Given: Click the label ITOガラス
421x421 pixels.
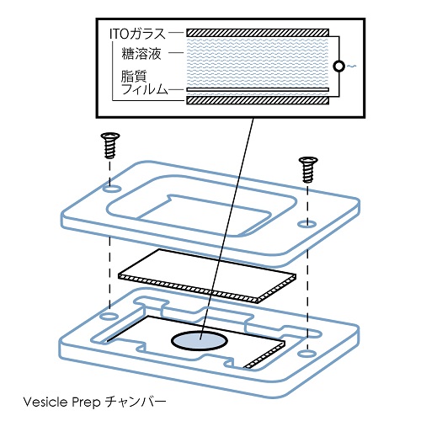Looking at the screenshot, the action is click(137, 35).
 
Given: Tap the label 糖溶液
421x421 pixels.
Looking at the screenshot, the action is click(141, 53).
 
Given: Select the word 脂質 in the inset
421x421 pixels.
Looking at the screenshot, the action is click(134, 76).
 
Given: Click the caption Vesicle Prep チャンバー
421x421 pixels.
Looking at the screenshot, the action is click(94, 402).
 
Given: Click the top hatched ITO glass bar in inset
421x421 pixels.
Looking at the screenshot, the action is click(258, 33).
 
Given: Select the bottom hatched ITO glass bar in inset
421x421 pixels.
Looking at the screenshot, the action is click(258, 100).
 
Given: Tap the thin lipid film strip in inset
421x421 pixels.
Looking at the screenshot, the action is click(258, 89).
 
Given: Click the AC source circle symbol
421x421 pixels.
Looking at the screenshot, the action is click(339, 67).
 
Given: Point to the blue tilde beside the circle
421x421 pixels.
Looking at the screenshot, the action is click(351, 67).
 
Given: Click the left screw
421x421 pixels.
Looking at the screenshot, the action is click(110, 146).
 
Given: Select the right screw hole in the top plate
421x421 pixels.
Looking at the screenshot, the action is click(307, 224).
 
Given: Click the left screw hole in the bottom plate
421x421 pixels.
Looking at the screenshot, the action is click(109, 317).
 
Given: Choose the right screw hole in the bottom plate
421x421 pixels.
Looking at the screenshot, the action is click(307, 353).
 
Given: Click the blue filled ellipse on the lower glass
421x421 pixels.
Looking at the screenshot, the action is click(200, 340).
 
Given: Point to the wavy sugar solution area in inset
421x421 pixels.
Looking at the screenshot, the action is click(258, 62).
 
